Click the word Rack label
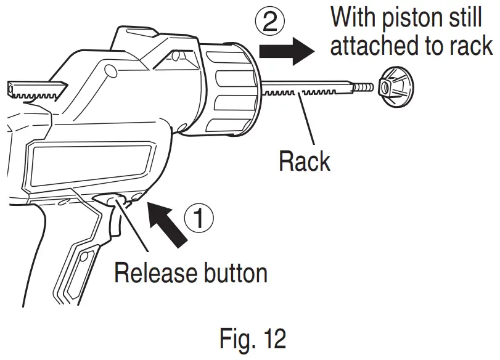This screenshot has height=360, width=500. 305,162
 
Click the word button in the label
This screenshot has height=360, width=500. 232,272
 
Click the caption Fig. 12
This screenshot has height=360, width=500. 252,340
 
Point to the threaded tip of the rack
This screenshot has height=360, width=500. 365,88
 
